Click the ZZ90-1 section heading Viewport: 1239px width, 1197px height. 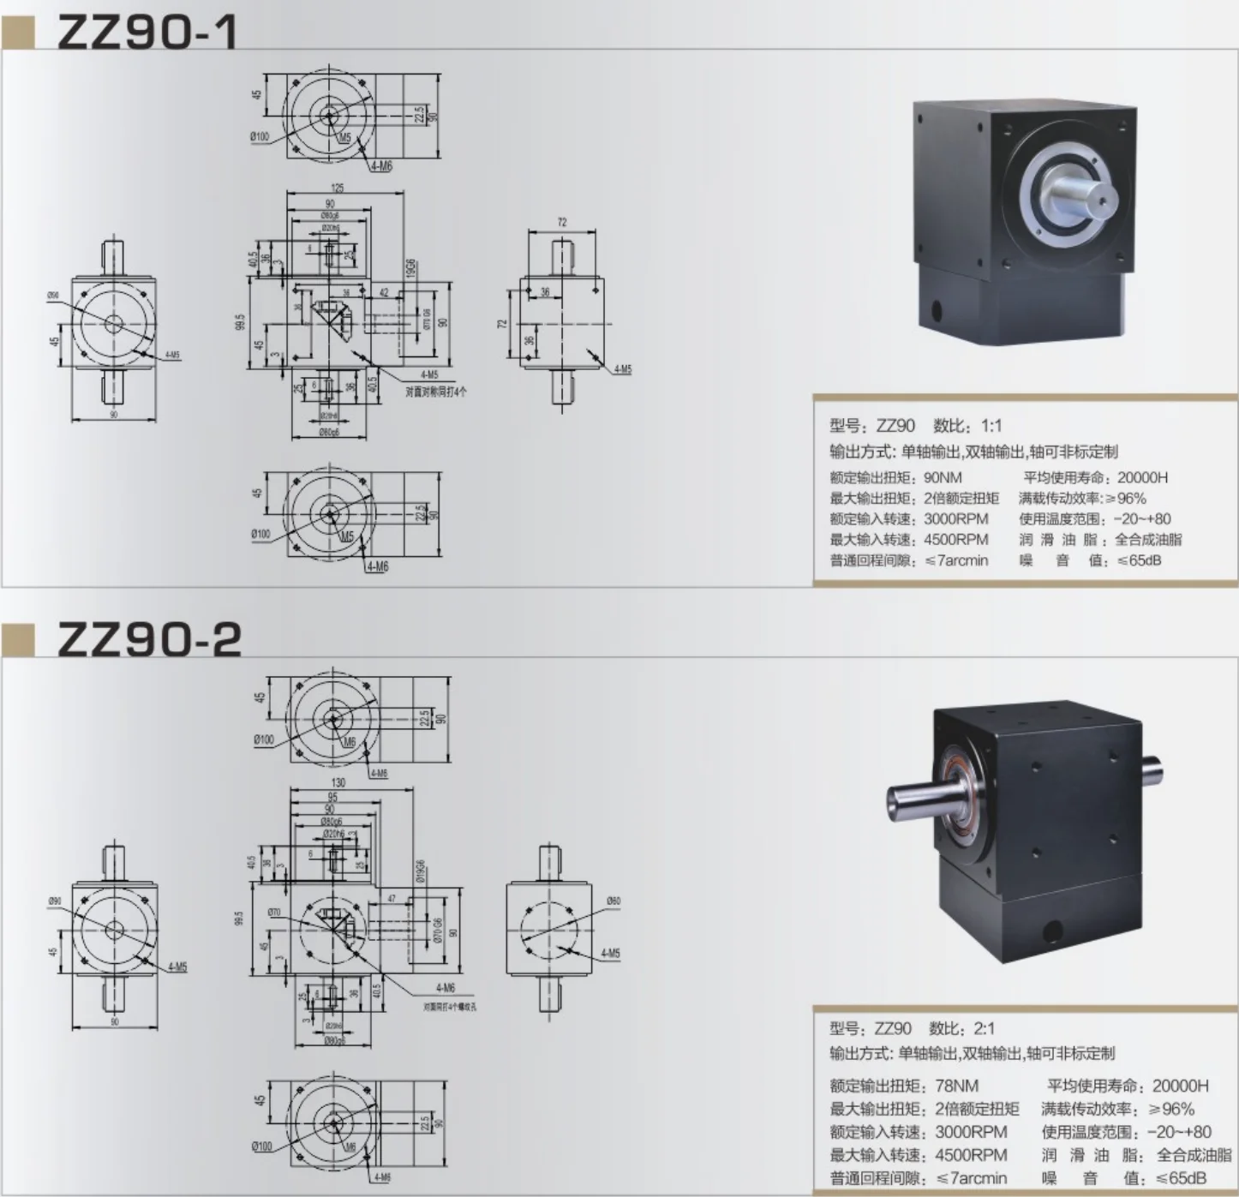tap(147, 32)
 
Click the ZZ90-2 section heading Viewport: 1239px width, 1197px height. tap(149, 639)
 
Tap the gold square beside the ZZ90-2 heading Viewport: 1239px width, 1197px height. tap(19, 640)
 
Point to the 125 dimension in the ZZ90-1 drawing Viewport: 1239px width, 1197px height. tap(338, 188)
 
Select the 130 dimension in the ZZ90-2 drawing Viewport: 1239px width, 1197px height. tap(338, 781)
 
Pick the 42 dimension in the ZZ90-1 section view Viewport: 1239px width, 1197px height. tap(384, 293)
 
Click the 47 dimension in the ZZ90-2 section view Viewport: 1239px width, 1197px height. tap(392, 899)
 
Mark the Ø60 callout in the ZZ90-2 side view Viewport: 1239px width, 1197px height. tap(614, 901)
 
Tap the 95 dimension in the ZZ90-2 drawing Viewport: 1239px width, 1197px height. tap(332, 797)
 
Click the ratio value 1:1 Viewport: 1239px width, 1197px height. tap(991, 426)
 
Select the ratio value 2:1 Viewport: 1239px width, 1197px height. tap(985, 1028)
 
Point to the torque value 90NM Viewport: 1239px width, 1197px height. tap(943, 477)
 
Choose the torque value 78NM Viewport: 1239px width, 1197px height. tap(956, 1086)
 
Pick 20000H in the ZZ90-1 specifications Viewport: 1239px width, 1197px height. tap(1142, 477)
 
